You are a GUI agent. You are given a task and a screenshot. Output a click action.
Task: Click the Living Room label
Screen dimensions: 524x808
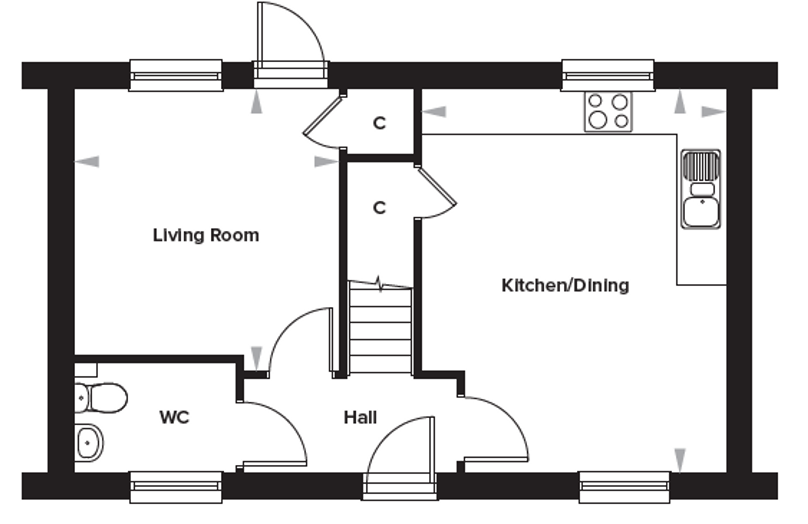pyautogui.click(x=206, y=235)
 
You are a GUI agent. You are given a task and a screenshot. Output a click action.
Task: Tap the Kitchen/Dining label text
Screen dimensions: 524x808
pyautogui.click(x=565, y=286)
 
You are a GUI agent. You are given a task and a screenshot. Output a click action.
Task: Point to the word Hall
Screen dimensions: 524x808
pyautogui.click(x=360, y=417)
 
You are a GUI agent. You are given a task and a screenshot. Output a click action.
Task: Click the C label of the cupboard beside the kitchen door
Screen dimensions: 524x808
pyautogui.click(x=379, y=208)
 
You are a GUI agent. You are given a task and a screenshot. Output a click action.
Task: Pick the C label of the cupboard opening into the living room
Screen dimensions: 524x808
pyautogui.click(x=379, y=123)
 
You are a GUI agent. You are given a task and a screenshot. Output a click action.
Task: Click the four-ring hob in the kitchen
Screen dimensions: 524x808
pyautogui.click(x=608, y=112)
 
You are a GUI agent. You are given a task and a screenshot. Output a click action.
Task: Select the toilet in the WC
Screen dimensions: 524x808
pyautogui.click(x=102, y=398)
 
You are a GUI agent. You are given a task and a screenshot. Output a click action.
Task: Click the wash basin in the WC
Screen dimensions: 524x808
pyautogui.click(x=89, y=443)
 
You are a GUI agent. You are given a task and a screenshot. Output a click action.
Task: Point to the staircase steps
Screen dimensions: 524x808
pyautogui.click(x=380, y=331)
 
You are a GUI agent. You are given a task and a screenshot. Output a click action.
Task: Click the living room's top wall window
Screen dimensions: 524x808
pyautogui.click(x=176, y=75)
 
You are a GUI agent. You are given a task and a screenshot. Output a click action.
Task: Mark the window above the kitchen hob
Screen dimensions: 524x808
pyautogui.click(x=608, y=75)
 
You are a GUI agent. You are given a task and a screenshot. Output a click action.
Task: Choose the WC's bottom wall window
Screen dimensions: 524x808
pyautogui.click(x=176, y=487)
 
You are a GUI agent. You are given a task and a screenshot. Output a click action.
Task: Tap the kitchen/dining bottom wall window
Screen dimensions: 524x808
pyautogui.click(x=624, y=487)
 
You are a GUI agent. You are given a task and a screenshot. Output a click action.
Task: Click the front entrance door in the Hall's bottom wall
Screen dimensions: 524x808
pyautogui.click(x=400, y=487)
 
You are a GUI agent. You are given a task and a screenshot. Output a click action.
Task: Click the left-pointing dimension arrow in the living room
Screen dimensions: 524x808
pyautogui.click(x=87, y=161)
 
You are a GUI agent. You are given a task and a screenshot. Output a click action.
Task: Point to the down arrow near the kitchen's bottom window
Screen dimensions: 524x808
pyautogui.click(x=680, y=459)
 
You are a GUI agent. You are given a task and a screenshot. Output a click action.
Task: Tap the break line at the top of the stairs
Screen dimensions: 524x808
pyautogui.click(x=380, y=284)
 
